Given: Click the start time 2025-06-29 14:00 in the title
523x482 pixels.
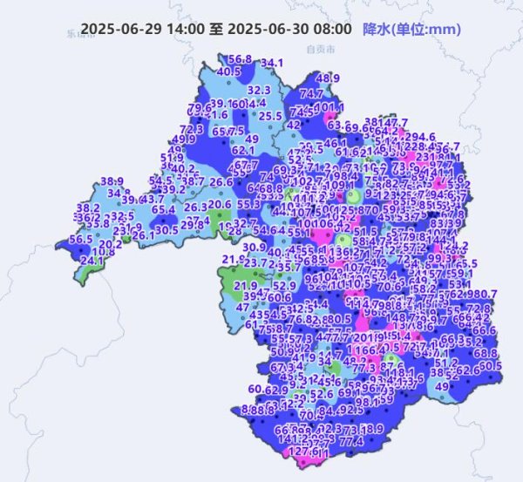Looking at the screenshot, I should pyautogui.click(x=143, y=30).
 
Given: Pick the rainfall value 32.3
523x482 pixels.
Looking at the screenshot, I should pyautogui.click(x=259, y=89).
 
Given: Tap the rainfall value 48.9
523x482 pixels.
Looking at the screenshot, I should pyautogui.click(x=328, y=78).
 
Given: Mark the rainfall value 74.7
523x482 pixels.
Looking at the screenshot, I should pyautogui.click(x=311, y=93).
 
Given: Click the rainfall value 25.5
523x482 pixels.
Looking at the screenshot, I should pyautogui.click(x=270, y=115).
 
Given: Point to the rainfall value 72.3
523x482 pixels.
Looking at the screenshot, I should pyautogui.click(x=192, y=129).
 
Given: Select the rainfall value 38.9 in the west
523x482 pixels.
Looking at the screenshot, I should pyautogui.click(x=112, y=181).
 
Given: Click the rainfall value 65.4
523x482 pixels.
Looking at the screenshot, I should pyautogui.click(x=164, y=209).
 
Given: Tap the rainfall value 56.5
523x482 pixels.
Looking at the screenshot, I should pyautogui.click(x=80, y=240).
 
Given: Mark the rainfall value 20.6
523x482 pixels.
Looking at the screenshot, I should pyautogui.click(x=220, y=205).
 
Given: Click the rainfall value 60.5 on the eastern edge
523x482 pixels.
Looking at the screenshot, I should pyautogui.click(x=491, y=366).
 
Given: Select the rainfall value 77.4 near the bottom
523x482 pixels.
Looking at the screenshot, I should pyautogui.click(x=351, y=442).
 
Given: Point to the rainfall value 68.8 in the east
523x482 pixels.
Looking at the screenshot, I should pyautogui.click(x=486, y=353).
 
